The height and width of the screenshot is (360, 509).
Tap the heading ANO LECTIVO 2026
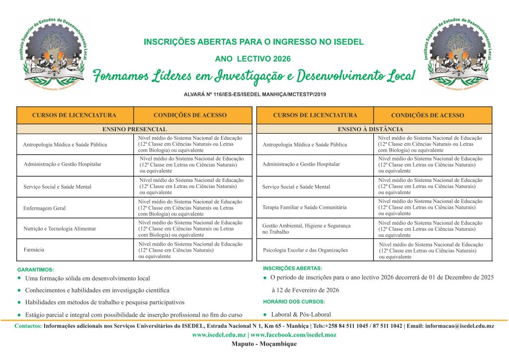[x=253, y=59]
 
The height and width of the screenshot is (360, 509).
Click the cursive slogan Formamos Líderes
[x=254, y=76]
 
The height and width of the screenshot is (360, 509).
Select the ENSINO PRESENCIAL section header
[x=134, y=129]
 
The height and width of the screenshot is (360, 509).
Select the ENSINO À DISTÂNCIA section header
[x=374, y=129]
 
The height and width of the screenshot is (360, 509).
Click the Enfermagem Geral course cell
[x=44, y=208]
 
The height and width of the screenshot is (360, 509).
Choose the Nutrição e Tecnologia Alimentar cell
[x=60, y=229]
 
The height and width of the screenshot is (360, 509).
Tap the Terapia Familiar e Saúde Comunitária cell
[x=304, y=207]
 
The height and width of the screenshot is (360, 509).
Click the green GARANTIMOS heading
[x=35, y=270]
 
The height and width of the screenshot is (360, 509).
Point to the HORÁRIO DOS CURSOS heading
[x=294, y=302]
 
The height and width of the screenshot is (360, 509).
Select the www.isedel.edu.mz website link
[x=219, y=335]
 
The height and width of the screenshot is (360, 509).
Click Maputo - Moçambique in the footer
[x=264, y=344]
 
